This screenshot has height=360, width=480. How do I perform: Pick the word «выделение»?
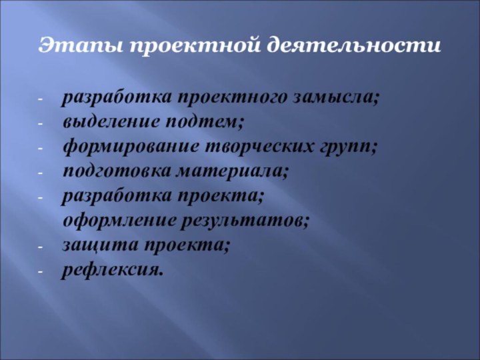coord(104,123)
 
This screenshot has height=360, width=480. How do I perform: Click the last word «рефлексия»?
coord(111,270)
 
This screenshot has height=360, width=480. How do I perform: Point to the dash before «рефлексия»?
coord(41,271)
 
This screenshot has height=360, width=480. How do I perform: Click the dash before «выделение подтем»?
coord(41,124)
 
